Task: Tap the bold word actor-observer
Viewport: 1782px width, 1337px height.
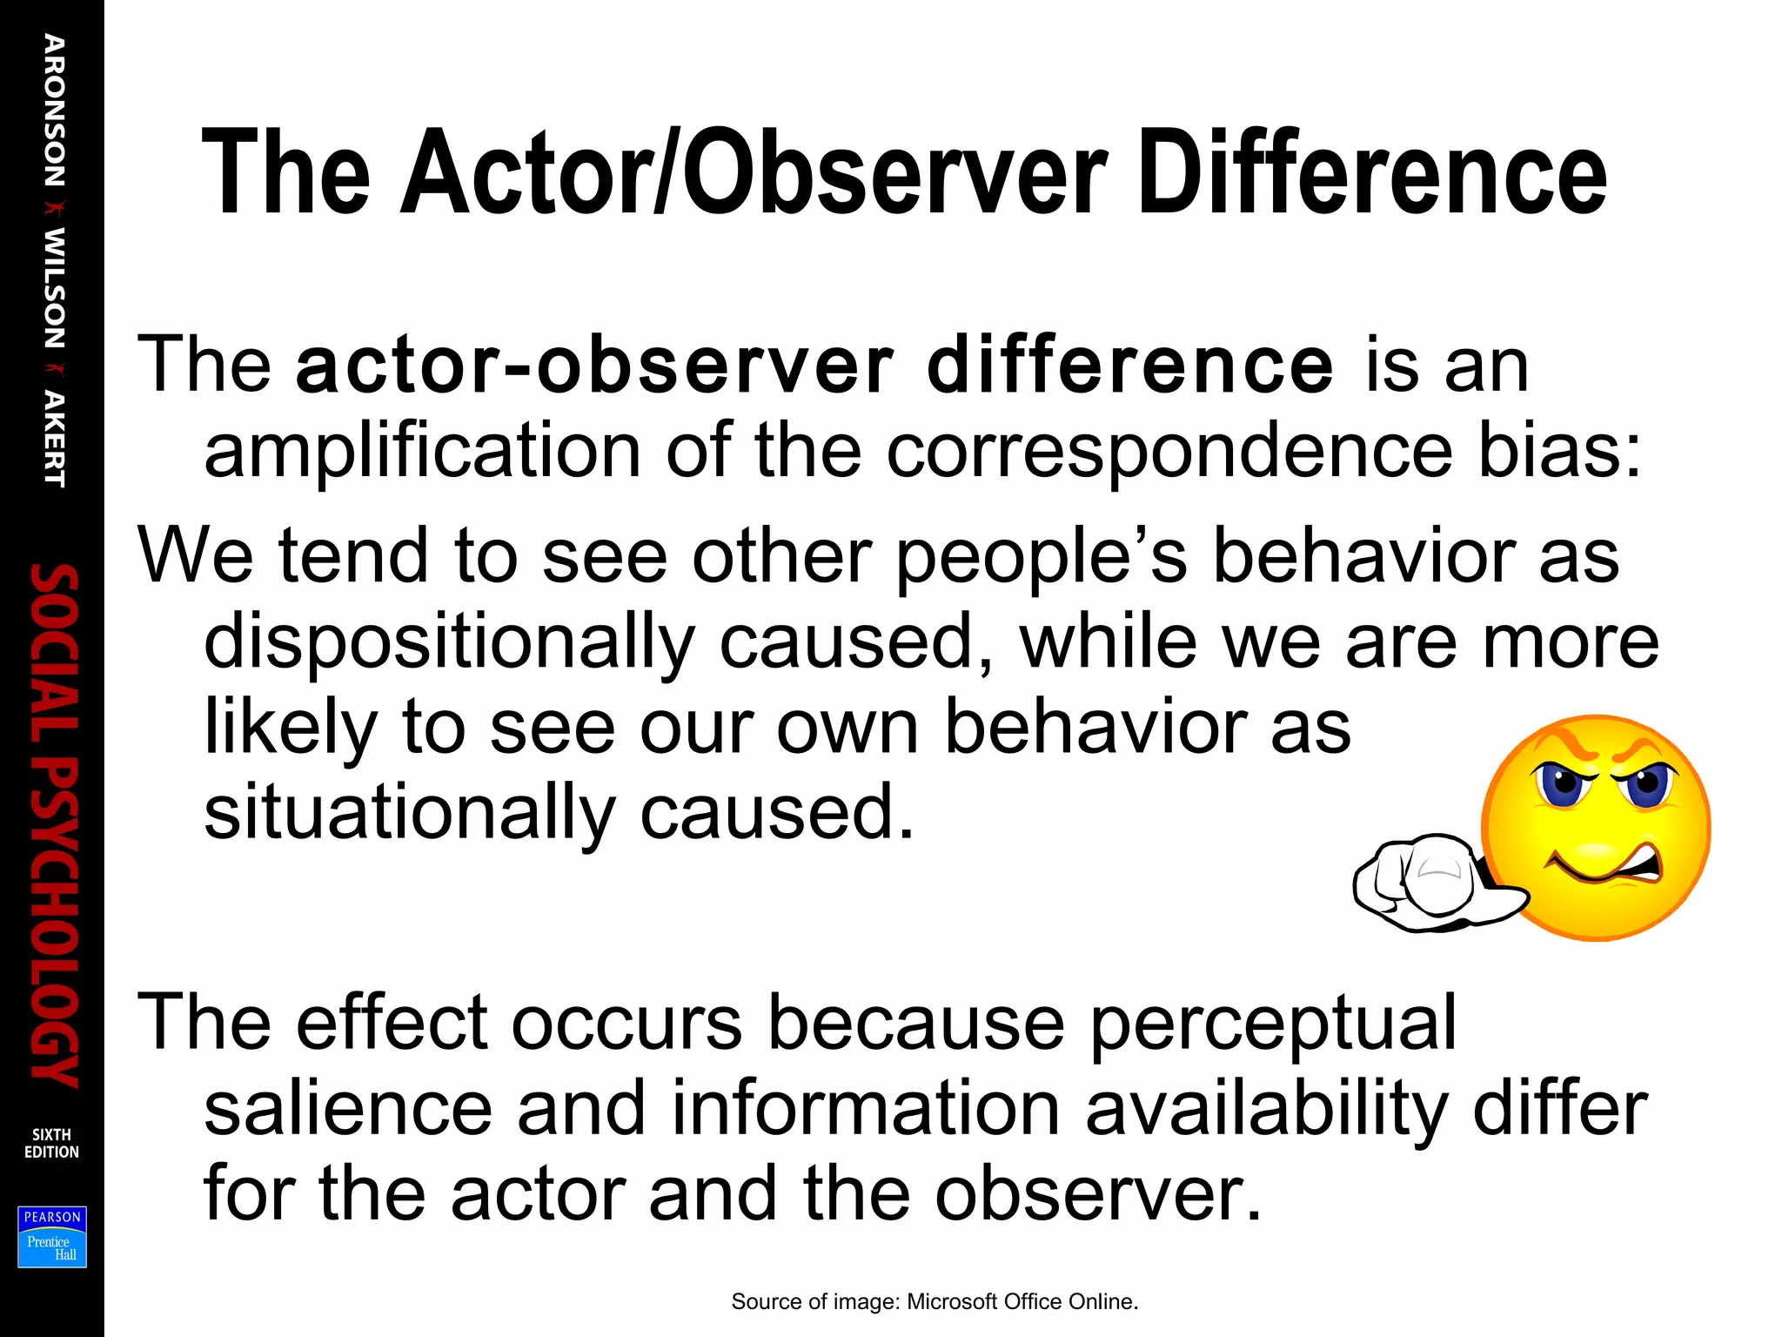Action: click(x=593, y=365)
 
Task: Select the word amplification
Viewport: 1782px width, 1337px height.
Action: click(x=422, y=450)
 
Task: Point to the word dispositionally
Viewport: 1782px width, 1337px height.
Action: click(x=449, y=642)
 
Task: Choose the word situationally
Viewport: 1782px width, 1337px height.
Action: click(x=409, y=813)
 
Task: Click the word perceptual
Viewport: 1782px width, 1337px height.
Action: click(x=1272, y=1024)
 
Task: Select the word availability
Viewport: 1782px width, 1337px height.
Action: click(x=1267, y=1110)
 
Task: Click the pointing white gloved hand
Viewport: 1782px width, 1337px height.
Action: click(x=1427, y=883)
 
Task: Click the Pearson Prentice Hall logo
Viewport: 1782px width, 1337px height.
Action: click(x=52, y=1236)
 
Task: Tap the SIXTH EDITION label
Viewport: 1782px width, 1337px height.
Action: click(x=51, y=1143)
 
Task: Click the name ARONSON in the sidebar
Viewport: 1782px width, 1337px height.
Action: click(x=54, y=111)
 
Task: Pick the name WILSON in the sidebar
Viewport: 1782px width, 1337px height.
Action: click(x=54, y=288)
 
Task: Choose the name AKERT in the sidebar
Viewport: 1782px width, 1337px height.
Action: click(x=54, y=439)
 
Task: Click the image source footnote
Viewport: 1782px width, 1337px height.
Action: click(x=935, y=1301)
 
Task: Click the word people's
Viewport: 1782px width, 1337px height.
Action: click(x=1041, y=557)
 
